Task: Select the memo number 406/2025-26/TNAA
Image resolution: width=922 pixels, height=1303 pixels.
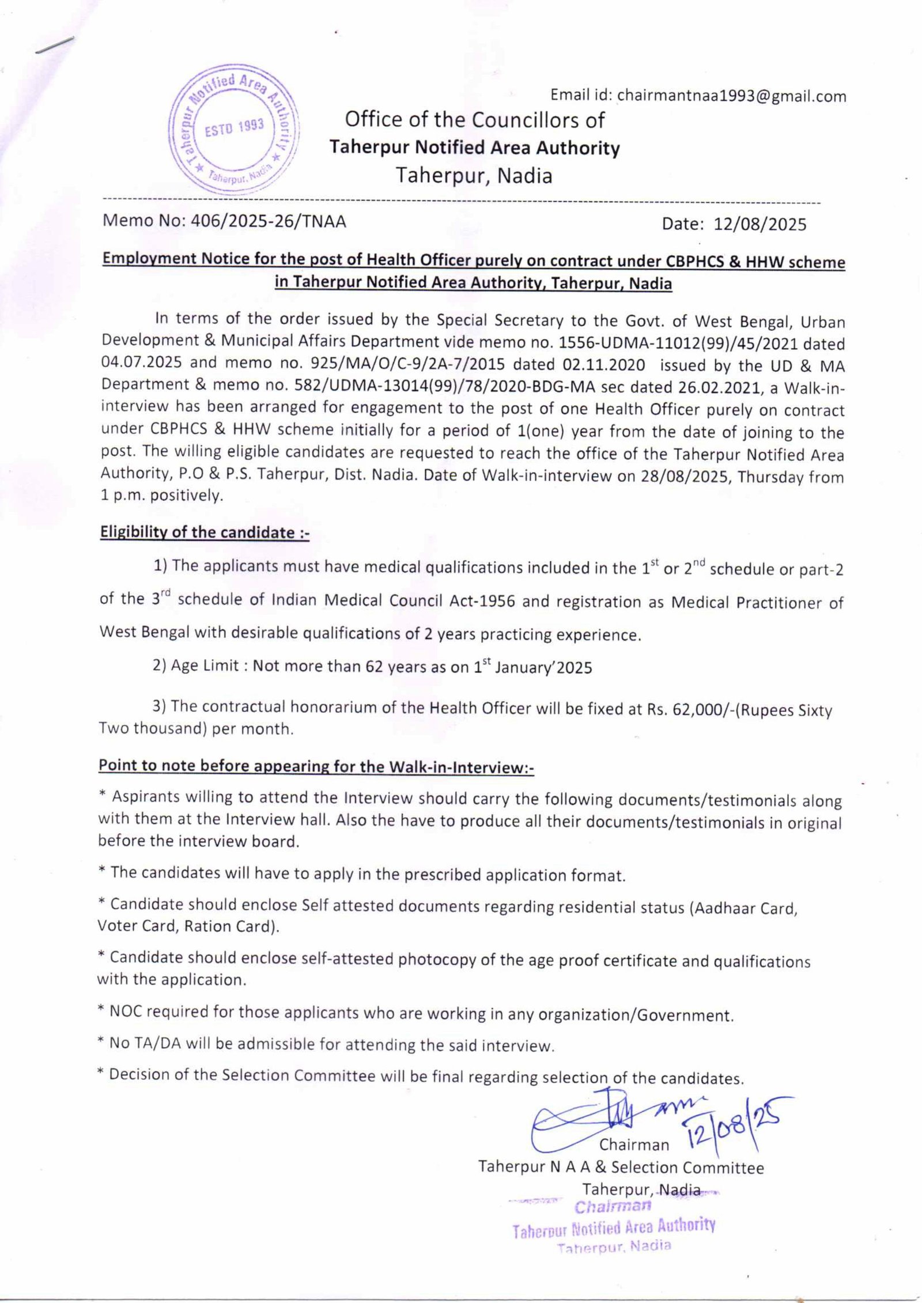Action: [265, 221]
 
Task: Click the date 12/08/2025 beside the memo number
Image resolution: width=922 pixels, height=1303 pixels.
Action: [760, 224]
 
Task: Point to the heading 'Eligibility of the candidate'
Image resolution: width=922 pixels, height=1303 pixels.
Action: [205, 532]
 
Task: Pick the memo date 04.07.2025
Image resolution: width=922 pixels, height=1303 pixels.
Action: [142, 363]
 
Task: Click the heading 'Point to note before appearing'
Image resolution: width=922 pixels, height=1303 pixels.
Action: [316, 766]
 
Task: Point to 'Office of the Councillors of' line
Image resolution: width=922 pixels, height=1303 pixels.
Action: [474, 120]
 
